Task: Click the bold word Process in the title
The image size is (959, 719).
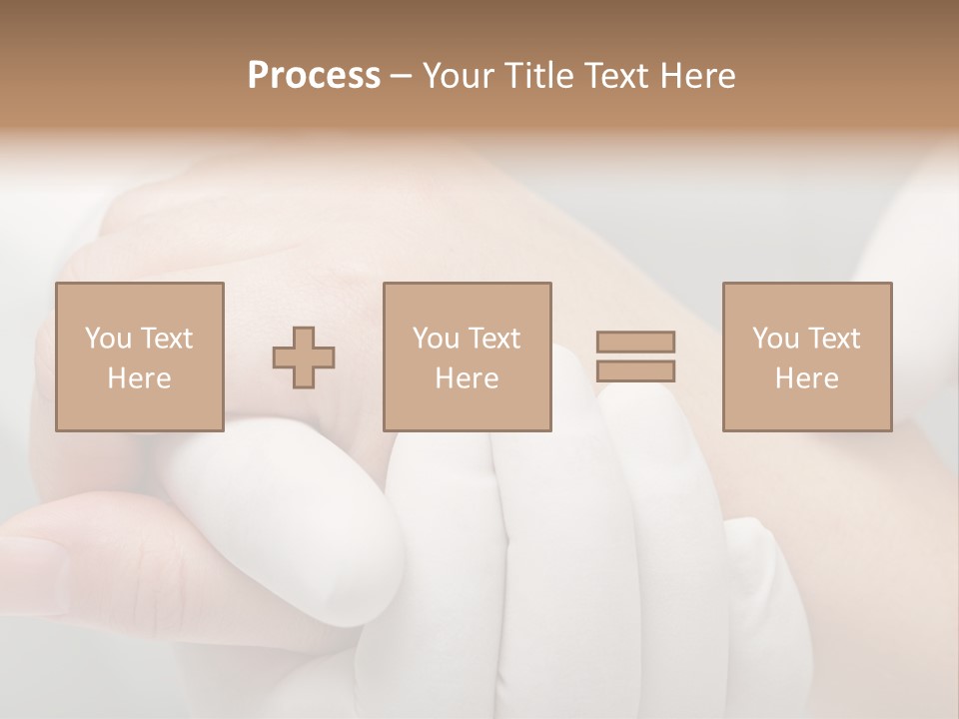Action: point(314,76)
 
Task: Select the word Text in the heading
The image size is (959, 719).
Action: point(617,76)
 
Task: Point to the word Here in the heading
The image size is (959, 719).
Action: point(698,76)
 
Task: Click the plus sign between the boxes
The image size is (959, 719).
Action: point(304,358)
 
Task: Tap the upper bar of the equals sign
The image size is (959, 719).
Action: point(635,342)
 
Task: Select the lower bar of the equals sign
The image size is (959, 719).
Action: point(635,370)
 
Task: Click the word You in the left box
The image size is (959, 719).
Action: point(107,339)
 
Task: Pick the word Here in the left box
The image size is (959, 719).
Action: point(139,378)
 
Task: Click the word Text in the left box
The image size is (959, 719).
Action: point(165,339)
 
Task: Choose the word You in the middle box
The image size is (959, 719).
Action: point(435,339)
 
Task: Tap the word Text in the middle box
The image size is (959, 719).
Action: point(492,339)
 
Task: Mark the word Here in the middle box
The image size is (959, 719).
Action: point(467,378)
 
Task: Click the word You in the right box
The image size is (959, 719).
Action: point(774,339)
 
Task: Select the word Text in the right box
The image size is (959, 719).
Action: point(832,339)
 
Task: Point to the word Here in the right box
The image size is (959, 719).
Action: point(806,378)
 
